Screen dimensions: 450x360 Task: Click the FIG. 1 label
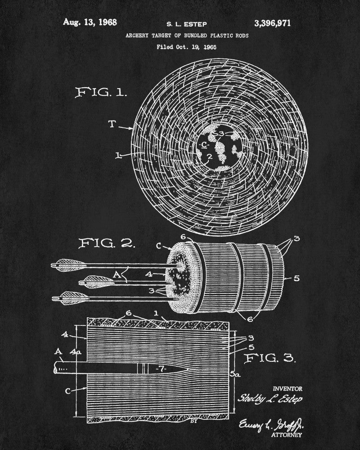tap(101, 93)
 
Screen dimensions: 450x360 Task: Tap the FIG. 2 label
tap(107, 243)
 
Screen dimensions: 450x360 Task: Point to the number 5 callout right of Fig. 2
tap(296, 278)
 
